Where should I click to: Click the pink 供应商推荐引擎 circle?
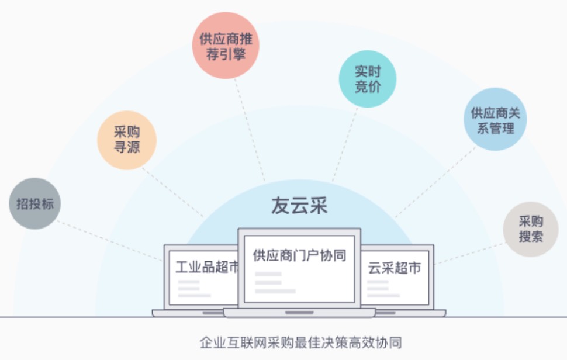[226, 46]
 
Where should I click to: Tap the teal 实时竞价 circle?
[368, 79]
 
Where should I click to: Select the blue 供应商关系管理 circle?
[495, 119]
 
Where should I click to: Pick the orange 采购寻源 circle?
[127, 140]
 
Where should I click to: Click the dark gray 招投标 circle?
[34, 203]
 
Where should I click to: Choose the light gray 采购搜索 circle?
[531, 229]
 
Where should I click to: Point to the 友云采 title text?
[299, 205]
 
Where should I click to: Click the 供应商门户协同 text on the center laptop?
[299, 255]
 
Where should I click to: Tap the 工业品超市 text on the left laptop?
[207, 267]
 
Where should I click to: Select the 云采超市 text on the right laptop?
[394, 268]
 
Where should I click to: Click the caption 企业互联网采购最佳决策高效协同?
[300, 342]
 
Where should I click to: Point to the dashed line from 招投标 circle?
[110, 241]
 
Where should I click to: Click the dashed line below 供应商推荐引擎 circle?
[250, 129]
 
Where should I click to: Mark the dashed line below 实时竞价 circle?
[345, 144]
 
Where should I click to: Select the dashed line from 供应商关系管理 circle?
[435, 182]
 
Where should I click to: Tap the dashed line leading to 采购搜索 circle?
[470, 254]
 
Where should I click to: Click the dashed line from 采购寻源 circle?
[172, 192]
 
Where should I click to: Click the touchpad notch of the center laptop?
[299, 313]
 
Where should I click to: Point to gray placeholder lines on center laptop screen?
[275, 283]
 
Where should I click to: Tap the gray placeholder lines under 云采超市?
[383, 289]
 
